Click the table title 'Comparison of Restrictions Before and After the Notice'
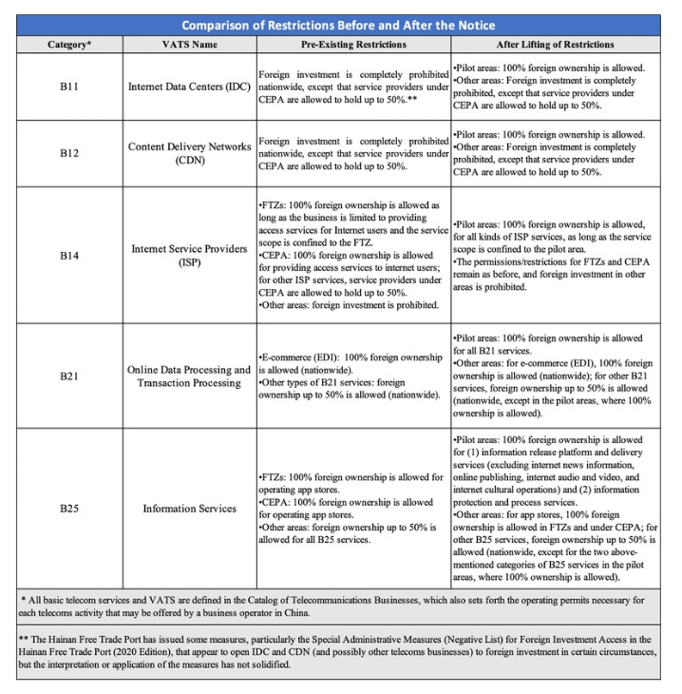339,25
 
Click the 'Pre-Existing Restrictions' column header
351,45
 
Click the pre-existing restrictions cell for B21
351,376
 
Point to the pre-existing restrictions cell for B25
351,508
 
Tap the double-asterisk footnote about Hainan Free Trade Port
339,653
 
